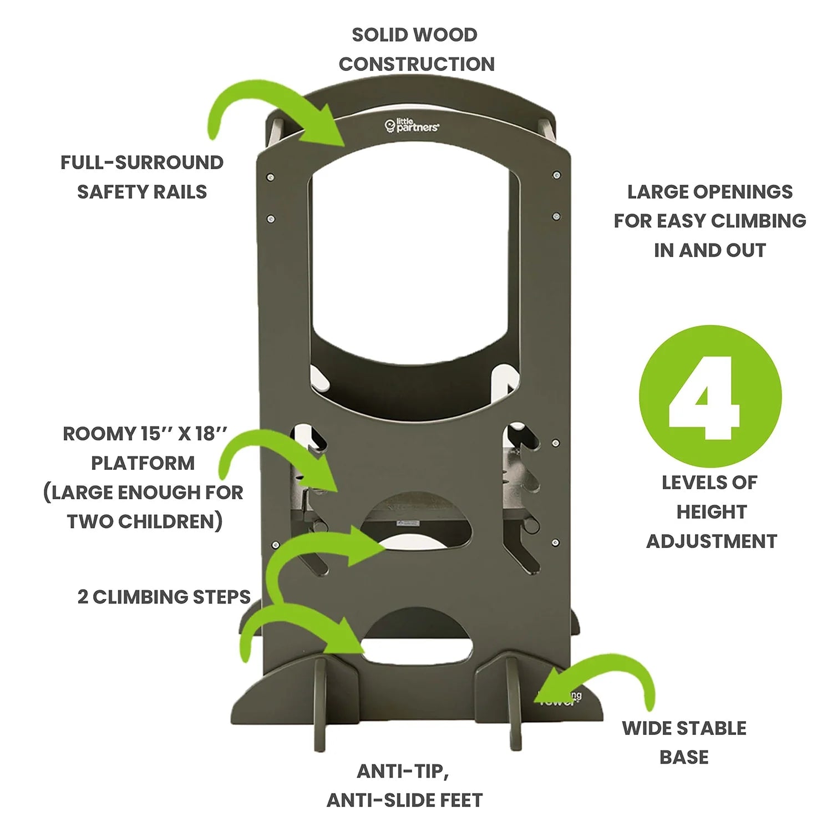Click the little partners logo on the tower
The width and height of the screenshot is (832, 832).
412,126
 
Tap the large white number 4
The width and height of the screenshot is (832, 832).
704,397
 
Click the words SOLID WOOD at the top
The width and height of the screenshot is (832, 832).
414,35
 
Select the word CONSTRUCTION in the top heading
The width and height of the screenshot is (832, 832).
417,64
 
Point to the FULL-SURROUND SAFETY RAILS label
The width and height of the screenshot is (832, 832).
142,177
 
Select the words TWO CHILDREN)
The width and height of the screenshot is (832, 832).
145,522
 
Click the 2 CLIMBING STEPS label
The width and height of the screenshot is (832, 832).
164,597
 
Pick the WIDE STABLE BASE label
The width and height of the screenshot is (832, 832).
684,742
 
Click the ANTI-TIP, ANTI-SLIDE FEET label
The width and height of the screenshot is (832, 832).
404,785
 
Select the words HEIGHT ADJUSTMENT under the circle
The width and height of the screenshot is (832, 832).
711,526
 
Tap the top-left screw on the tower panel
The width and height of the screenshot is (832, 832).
270,177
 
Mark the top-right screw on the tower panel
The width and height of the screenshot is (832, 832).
556,175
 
